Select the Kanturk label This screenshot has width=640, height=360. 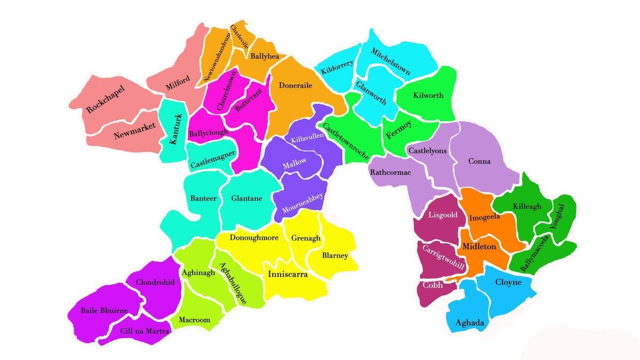(x=175, y=129)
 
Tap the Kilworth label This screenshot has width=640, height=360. (x=428, y=95)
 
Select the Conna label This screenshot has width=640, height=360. (x=479, y=161)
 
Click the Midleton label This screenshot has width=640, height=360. (x=479, y=246)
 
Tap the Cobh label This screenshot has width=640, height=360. (x=433, y=285)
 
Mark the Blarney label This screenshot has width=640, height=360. (x=335, y=255)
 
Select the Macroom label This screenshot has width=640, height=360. (x=194, y=320)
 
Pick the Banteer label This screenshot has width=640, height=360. (x=203, y=198)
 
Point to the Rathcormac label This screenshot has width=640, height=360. (x=390, y=172)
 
